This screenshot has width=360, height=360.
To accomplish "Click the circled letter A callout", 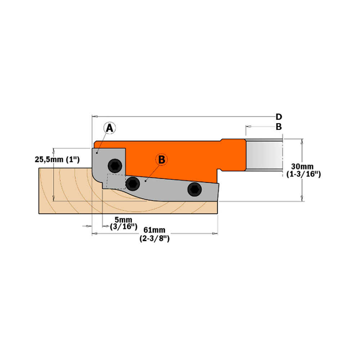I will pyautogui.click(x=110, y=127).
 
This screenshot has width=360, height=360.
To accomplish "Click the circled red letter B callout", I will pyautogui.click(x=162, y=159).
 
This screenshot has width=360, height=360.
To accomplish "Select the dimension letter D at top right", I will pyautogui.click(x=279, y=117).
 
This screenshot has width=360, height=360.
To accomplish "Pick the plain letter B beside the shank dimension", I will pyautogui.click(x=279, y=127).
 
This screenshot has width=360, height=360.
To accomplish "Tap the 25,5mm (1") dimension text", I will pyautogui.click(x=57, y=159).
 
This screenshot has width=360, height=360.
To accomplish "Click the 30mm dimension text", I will pyautogui.click(x=302, y=166).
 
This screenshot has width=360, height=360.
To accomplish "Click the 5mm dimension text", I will pyautogui.click(x=123, y=220).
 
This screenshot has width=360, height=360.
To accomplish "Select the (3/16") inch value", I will pyautogui.click(x=123, y=226).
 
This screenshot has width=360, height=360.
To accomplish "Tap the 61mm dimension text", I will pyautogui.click(x=154, y=230).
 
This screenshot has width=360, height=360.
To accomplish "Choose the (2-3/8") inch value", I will pyautogui.click(x=154, y=238).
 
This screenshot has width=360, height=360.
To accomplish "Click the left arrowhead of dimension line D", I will pyautogui.click(x=95, y=117).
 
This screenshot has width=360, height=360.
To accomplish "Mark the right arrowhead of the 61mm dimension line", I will pyautogui.click(x=216, y=234).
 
